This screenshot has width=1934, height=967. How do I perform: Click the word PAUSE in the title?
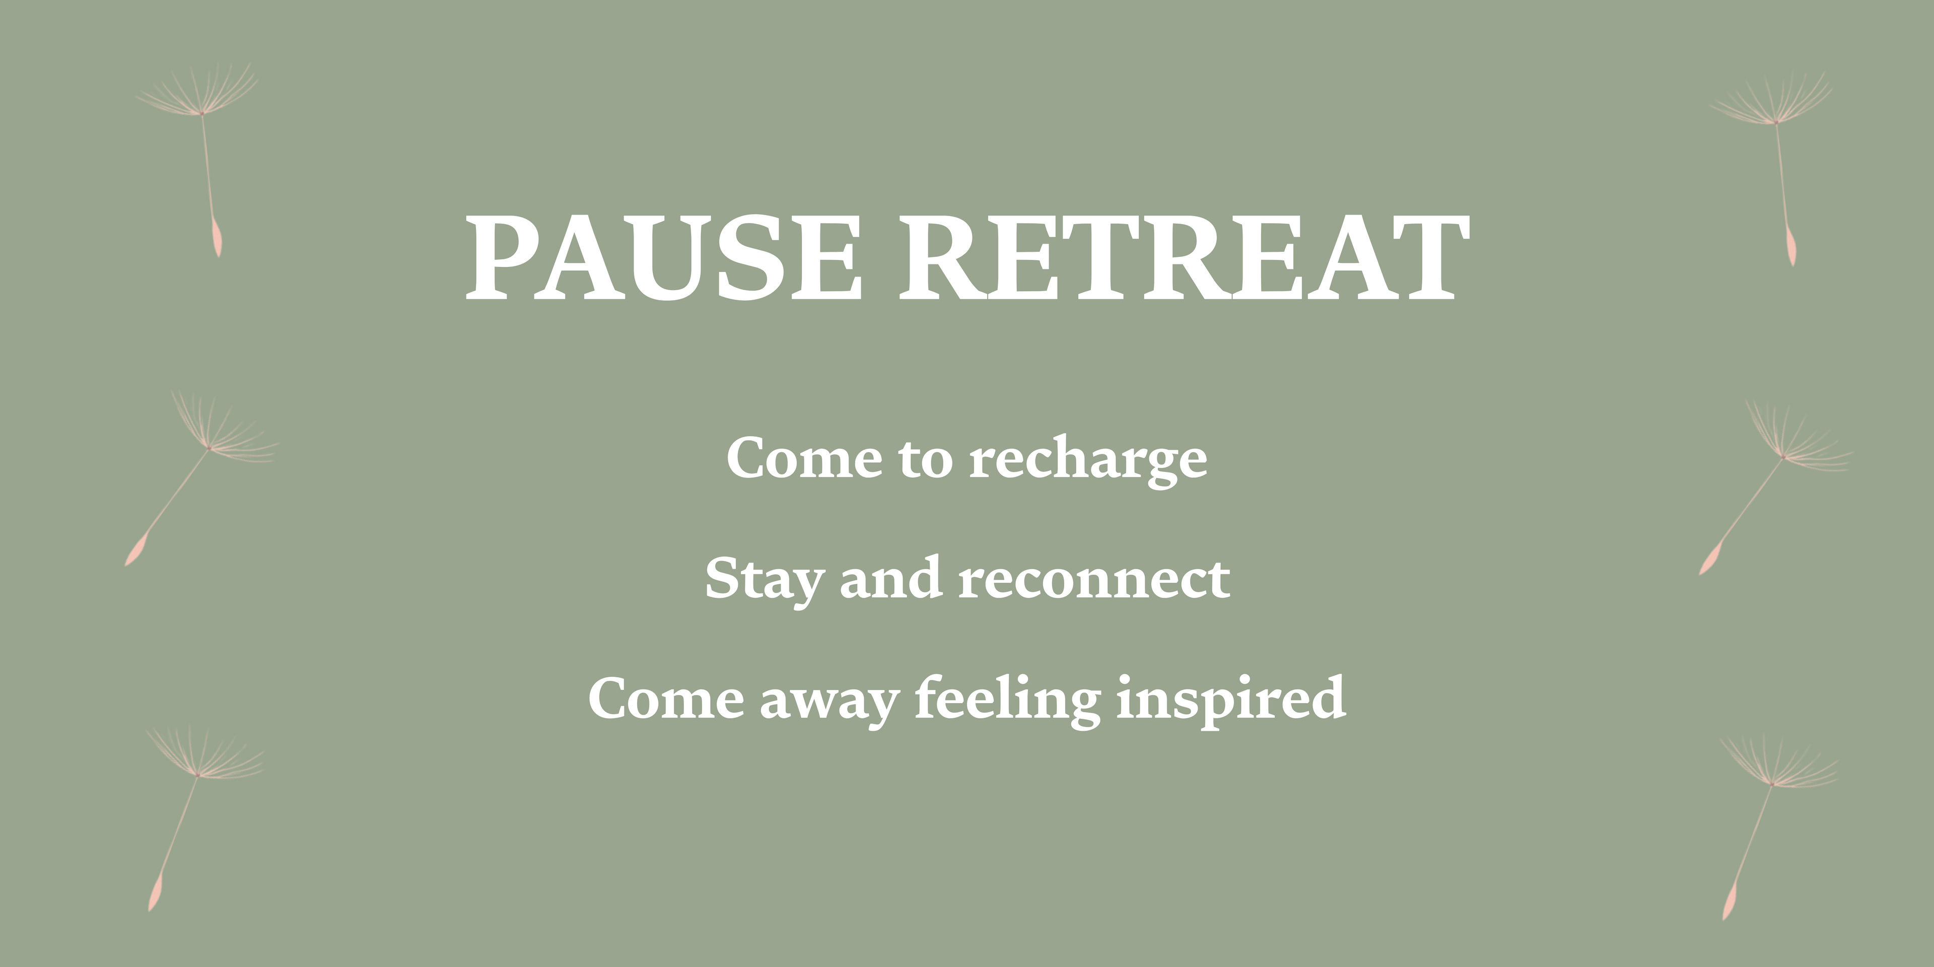664,257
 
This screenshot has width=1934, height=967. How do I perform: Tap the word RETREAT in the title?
1184,257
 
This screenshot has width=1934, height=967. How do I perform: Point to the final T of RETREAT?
1425,257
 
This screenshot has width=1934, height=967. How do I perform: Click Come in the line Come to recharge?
804,457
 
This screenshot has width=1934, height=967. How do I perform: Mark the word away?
830,703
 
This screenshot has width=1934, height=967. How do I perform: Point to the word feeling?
1007,700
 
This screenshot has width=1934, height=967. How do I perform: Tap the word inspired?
1230,700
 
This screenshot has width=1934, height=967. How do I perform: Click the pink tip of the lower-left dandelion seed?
155,893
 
